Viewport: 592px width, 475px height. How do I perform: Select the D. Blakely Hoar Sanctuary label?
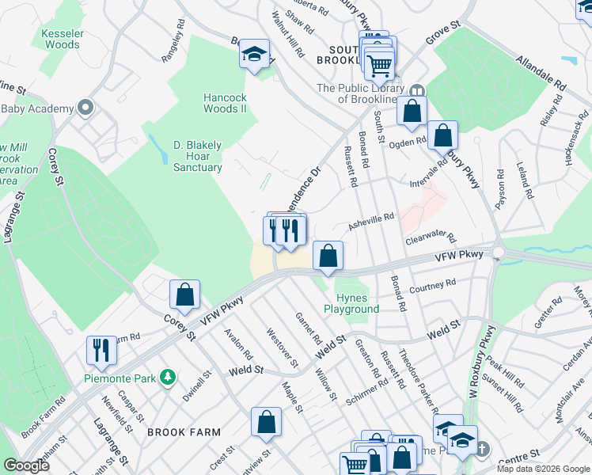pos(198,156)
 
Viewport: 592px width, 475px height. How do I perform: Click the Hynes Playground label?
pos(351,303)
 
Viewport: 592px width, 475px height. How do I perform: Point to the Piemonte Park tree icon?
pos(166,378)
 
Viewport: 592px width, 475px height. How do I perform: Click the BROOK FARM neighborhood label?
pos(184,432)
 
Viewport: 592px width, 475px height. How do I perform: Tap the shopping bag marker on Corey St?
pos(184,294)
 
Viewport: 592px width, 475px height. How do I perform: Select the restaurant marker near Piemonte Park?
pos(101,349)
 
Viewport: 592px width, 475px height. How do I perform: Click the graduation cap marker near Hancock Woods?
pos(254,54)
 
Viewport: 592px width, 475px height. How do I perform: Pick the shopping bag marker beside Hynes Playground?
pos(328,256)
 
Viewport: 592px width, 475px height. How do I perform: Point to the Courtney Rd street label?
pos(433,284)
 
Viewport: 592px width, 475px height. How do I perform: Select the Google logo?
pos(26,465)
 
